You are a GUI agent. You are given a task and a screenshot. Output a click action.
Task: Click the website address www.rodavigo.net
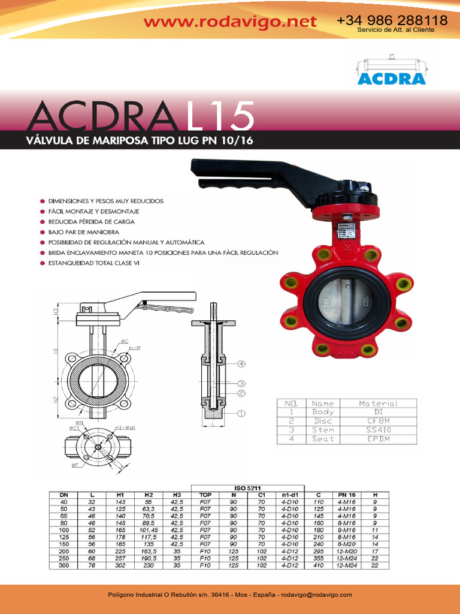(230, 22)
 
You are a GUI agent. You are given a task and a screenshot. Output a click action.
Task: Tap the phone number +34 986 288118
(392, 20)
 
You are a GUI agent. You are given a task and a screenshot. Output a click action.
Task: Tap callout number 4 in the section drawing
(241, 364)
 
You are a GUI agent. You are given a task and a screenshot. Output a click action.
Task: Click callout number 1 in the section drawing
(241, 413)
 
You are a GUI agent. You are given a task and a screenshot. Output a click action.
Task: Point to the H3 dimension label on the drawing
(55, 311)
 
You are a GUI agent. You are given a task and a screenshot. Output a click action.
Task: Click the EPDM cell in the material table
(377, 439)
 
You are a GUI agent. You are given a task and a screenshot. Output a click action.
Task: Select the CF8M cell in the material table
(377, 421)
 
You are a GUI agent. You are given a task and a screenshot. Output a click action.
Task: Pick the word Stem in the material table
(323, 430)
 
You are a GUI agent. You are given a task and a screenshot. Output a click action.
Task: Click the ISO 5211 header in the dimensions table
(247, 487)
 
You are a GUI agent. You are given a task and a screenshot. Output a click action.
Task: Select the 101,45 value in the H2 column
(148, 530)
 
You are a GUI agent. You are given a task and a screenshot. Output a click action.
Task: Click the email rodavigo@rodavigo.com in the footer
(317, 595)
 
